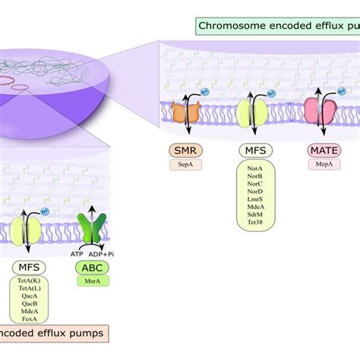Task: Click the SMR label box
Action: pyautogui.click(x=184, y=150)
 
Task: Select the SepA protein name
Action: pyautogui.click(x=184, y=164)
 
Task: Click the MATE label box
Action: pyautogui.click(x=324, y=150)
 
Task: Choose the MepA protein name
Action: pyautogui.click(x=324, y=164)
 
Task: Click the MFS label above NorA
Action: pyautogui.click(x=256, y=150)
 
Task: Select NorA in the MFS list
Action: pyautogui.click(x=256, y=174)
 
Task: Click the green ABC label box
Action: pyautogui.click(x=91, y=267)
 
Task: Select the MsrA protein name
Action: pyautogui.click(x=91, y=281)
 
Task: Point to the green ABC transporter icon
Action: pyautogui.click(x=91, y=229)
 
